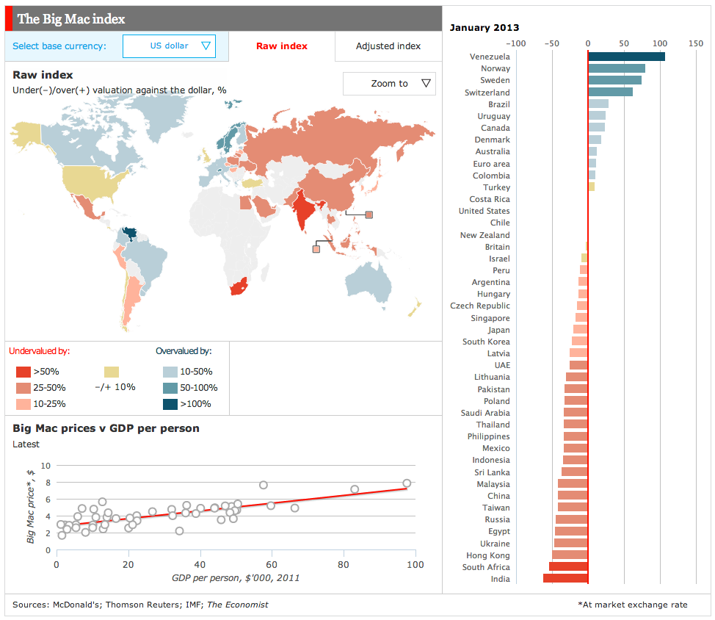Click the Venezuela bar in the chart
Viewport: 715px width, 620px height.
pos(626,57)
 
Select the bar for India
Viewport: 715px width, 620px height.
pos(566,579)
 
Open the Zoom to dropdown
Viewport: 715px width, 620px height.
pos(389,84)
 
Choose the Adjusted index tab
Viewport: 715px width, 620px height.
pos(388,46)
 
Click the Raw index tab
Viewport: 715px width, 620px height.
pos(282,46)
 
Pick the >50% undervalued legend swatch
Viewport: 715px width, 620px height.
pos(23,372)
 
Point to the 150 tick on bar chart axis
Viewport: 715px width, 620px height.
pos(695,43)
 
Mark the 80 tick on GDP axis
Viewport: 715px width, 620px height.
pos(344,565)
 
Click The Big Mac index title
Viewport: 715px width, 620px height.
pos(71,18)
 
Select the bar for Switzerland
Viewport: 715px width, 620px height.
pos(610,93)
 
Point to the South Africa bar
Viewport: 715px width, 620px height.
pos(569,567)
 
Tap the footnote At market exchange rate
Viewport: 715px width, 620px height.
pos(633,605)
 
